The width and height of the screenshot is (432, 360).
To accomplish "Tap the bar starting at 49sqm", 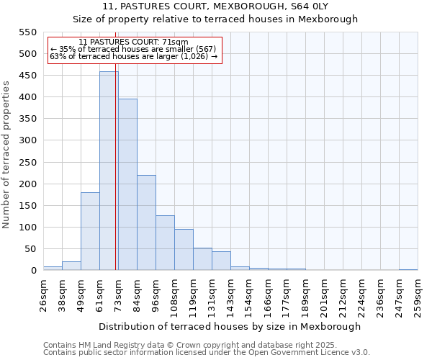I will point(90,231).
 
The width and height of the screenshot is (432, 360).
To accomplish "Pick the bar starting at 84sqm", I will point(146,222).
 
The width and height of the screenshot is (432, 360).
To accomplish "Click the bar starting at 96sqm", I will point(165,243).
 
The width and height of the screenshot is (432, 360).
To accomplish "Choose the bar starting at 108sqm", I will point(184,250).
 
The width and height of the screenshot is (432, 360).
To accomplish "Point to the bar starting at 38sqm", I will point(71,266).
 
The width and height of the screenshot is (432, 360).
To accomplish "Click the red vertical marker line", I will point(116,180).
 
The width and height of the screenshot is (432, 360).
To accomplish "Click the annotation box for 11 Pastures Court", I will point(133,50).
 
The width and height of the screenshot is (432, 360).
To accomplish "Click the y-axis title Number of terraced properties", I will point(6,155).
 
